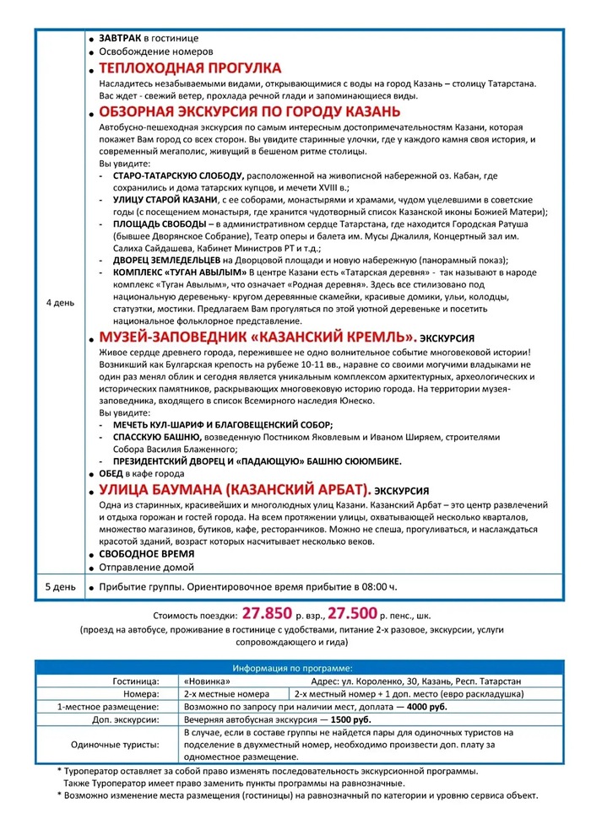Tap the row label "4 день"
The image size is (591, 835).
coord(59,302)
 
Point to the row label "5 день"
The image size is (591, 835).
coord(59,585)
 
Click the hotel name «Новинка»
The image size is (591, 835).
coord(207,680)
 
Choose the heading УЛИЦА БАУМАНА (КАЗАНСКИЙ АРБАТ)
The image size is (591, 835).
coord(235,489)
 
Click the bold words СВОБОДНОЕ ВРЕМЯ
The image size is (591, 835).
coord(146,553)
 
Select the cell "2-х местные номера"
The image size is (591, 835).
coord(225,693)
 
